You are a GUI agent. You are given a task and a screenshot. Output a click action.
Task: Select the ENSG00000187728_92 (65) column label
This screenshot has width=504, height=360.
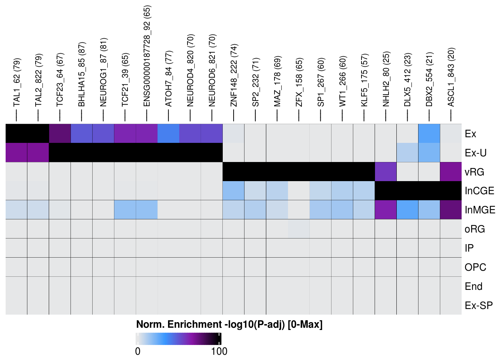(147, 56)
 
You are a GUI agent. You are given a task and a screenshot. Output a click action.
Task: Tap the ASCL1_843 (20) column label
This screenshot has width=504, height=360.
(451, 77)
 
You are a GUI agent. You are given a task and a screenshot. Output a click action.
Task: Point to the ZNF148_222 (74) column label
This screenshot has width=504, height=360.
(234, 75)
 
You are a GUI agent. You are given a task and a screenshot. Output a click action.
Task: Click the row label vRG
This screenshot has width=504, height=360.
(474, 172)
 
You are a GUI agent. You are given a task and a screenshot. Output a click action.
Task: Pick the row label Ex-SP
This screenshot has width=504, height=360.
(478, 306)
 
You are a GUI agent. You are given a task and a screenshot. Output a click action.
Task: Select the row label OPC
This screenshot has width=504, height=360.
(475, 267)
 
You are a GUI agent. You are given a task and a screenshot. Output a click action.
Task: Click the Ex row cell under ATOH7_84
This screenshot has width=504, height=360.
(169, 133)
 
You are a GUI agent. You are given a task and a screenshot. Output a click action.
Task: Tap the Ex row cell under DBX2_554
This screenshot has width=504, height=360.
(429, 133)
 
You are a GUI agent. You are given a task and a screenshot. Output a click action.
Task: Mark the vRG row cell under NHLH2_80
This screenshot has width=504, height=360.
(386, 172)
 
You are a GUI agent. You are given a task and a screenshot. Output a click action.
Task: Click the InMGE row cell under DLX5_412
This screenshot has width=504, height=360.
(408, 210)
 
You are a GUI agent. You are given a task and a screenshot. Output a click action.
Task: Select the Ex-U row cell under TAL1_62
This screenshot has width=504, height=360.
(16, 153)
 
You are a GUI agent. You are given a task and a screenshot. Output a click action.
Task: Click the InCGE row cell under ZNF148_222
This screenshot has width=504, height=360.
(234, 191)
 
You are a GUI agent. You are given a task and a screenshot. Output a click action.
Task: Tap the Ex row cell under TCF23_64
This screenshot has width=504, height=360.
(60, 133)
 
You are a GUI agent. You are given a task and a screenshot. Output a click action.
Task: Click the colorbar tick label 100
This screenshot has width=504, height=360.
(219, 351)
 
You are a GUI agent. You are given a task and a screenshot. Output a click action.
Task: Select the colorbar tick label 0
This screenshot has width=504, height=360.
(138, 351)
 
